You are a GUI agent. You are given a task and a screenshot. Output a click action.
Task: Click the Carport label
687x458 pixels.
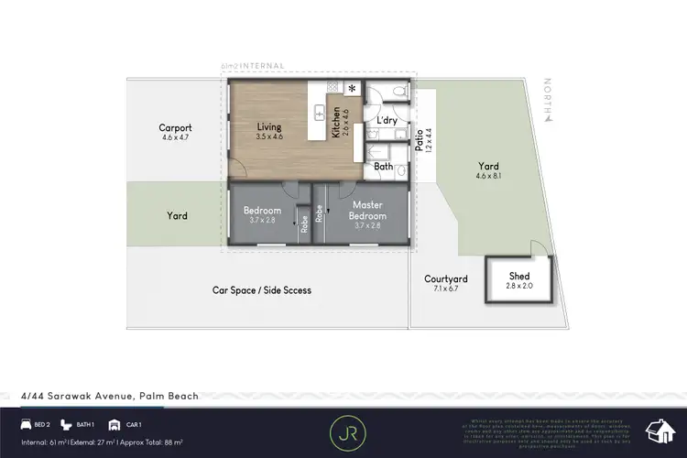click(174, 128)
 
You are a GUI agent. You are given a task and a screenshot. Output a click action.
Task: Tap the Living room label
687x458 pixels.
click(269, 127)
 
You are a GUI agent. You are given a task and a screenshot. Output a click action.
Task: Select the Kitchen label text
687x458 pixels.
click(337, 123)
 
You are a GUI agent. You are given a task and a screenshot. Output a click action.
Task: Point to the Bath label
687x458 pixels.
click(384, 168)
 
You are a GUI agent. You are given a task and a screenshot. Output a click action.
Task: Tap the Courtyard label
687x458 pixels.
click(446, 279)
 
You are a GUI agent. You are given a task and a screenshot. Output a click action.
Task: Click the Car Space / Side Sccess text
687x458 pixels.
click(262, 290)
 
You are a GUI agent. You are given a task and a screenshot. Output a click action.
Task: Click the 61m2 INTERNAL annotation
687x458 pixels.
click(253, 66)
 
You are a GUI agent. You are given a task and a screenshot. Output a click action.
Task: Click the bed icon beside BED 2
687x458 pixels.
click(25, 425)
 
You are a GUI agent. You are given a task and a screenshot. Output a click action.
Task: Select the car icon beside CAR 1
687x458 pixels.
click(114, 425)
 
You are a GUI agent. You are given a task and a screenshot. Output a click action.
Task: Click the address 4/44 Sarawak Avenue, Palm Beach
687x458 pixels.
click(109, 397)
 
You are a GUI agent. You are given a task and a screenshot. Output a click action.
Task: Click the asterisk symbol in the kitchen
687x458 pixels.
click(351, 88)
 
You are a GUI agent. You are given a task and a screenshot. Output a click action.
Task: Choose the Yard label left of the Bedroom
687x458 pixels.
click(177, 216)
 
